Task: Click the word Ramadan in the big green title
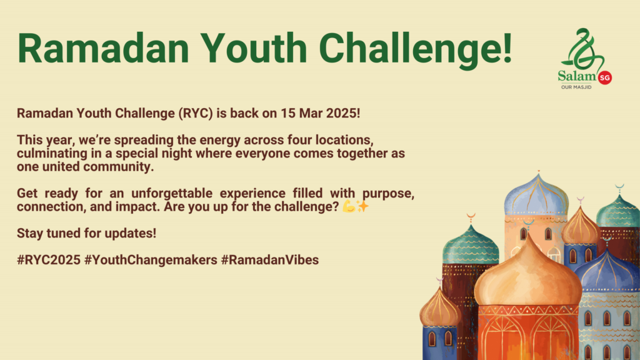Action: pyautogui.click(x=103, y=48)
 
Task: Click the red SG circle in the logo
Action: pyautogui.click(x=604, y=77)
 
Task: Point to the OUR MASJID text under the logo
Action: pyautogui.click(x=576, y=87)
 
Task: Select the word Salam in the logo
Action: pyautogui.click(x=577, y=76)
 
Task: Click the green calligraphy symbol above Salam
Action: pyautogui.click(x=583, y=48)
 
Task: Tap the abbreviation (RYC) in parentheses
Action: pyautogui.click(x=196, y=113)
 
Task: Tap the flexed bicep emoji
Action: pyautogui.click(x=349, y=206)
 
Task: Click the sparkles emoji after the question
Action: pyautogui.click(x=362, y=206)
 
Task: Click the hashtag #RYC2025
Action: pyautogui.click(x=49, y=260)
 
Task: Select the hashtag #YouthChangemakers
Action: pyautogui.click(x=151, y=260)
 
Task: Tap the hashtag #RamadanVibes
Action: pyautogui.click(x=270, y=260)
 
